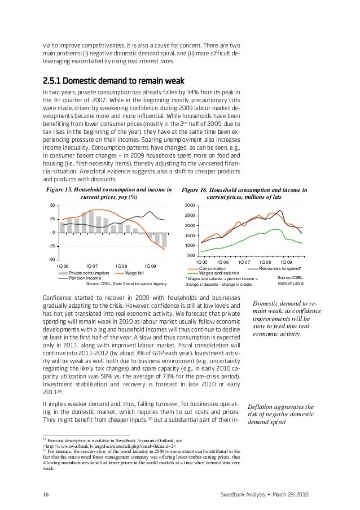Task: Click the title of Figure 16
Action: coord(243,194)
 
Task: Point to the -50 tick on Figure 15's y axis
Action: coord(50,259)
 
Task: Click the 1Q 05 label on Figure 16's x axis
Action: coord(201,262)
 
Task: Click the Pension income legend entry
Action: coord(85,278)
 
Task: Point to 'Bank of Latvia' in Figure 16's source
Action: coord(292,284)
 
